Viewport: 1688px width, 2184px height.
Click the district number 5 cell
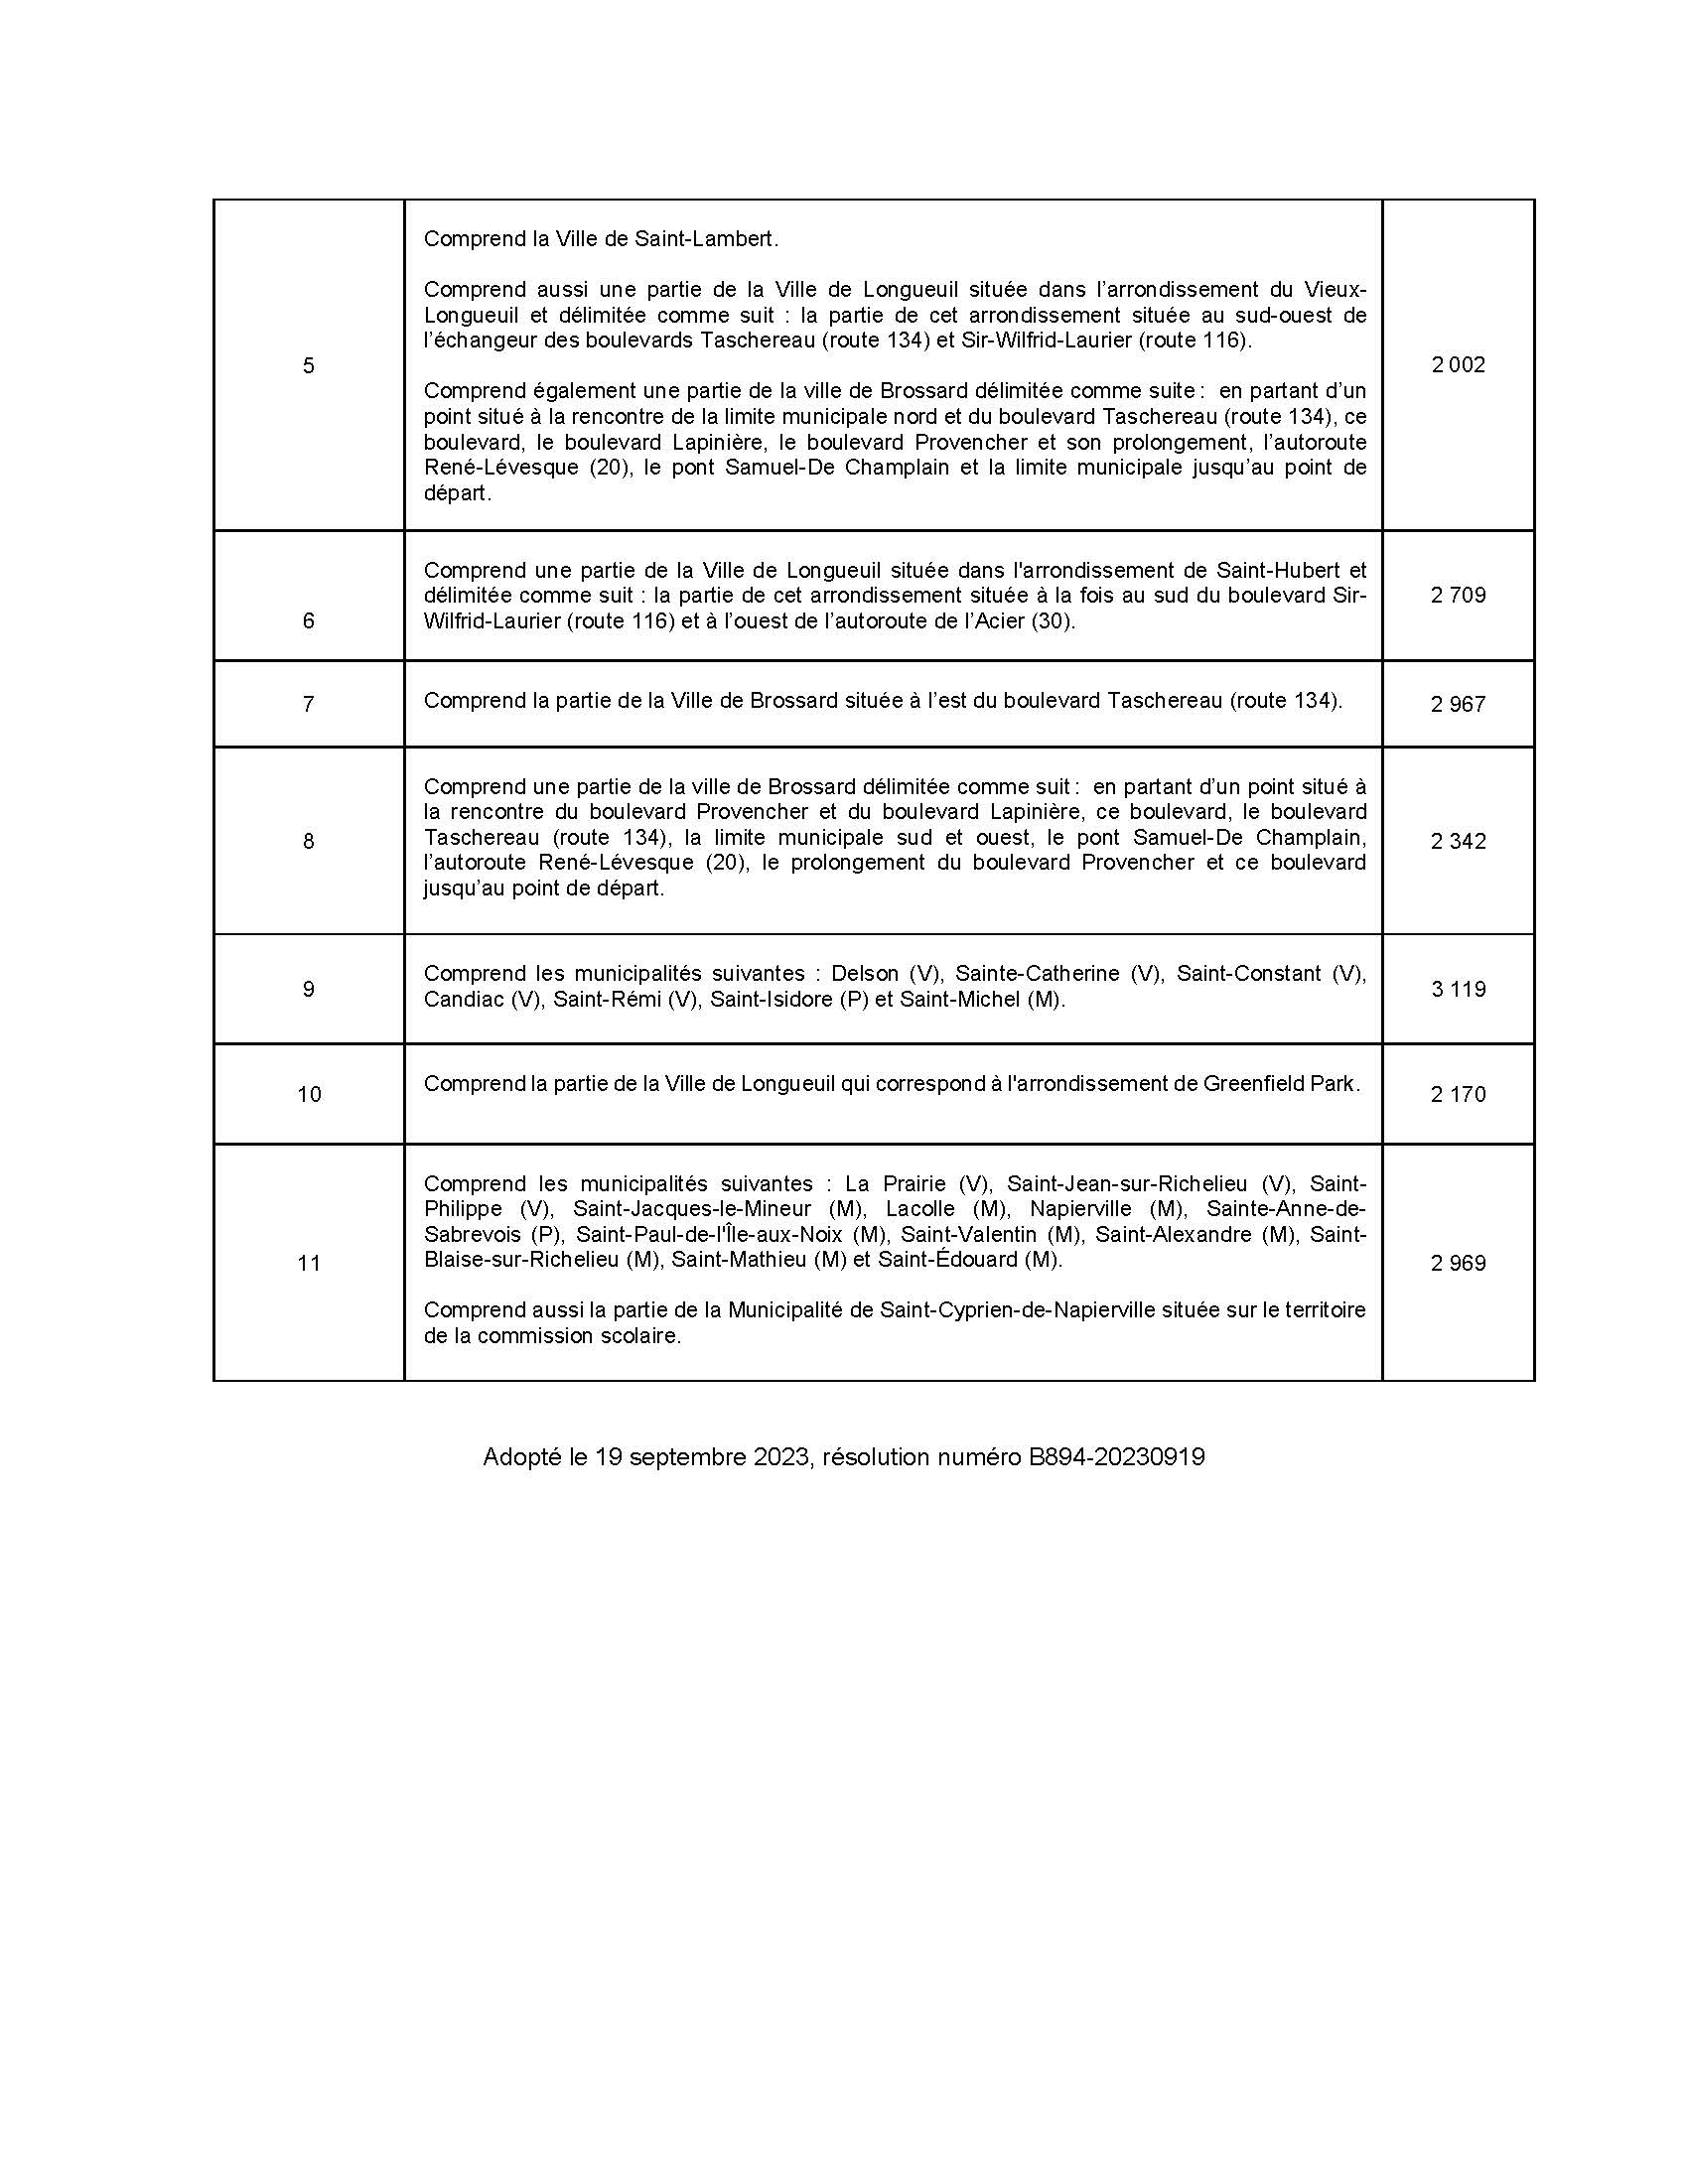point(308,366)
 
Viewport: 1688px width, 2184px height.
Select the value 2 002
point(1457,365)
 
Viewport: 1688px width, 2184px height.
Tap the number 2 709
point(1457,596)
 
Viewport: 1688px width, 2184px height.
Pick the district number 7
point(308,705)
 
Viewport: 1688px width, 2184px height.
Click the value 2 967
point(1457,705)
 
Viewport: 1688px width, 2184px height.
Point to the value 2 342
point(1457,842)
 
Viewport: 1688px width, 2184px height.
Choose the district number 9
point(308,990)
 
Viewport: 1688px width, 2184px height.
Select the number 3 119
point(1457,990)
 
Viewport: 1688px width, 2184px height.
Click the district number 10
point(309,1095)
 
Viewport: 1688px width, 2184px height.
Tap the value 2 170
point(1457,1095)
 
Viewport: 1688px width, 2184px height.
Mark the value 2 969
point(1457,1264)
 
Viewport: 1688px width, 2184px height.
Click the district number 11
point(309,1264)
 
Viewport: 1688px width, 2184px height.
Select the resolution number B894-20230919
point(1116,1458)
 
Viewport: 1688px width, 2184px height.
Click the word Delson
point(865,974)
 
